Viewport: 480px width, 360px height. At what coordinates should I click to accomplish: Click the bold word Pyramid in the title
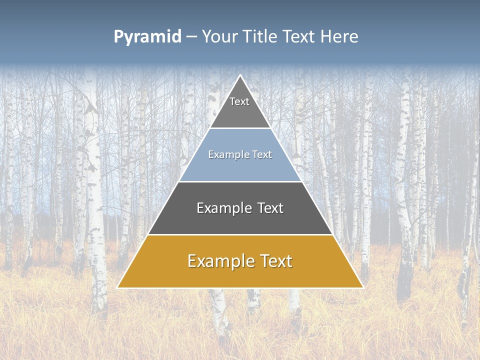point(147,36)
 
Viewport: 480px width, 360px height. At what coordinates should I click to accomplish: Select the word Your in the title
point(221,36)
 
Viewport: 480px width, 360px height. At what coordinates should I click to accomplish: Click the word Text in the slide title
point(299,36)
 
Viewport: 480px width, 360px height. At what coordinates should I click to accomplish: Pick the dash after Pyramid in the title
point(191,37)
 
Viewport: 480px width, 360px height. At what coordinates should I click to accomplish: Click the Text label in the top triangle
point(239,101)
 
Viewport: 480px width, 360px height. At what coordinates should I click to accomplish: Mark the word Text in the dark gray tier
point(270,208)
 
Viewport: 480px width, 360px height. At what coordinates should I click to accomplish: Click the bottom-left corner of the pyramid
point(117,288)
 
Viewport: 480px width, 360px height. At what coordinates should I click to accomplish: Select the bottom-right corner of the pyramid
point(363,288)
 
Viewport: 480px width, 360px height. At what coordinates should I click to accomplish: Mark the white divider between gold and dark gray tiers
point(240,234)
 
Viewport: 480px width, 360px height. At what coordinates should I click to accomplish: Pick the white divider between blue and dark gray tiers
point(240,181)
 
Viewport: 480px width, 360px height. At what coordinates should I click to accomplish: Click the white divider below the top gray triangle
point(240,128)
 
